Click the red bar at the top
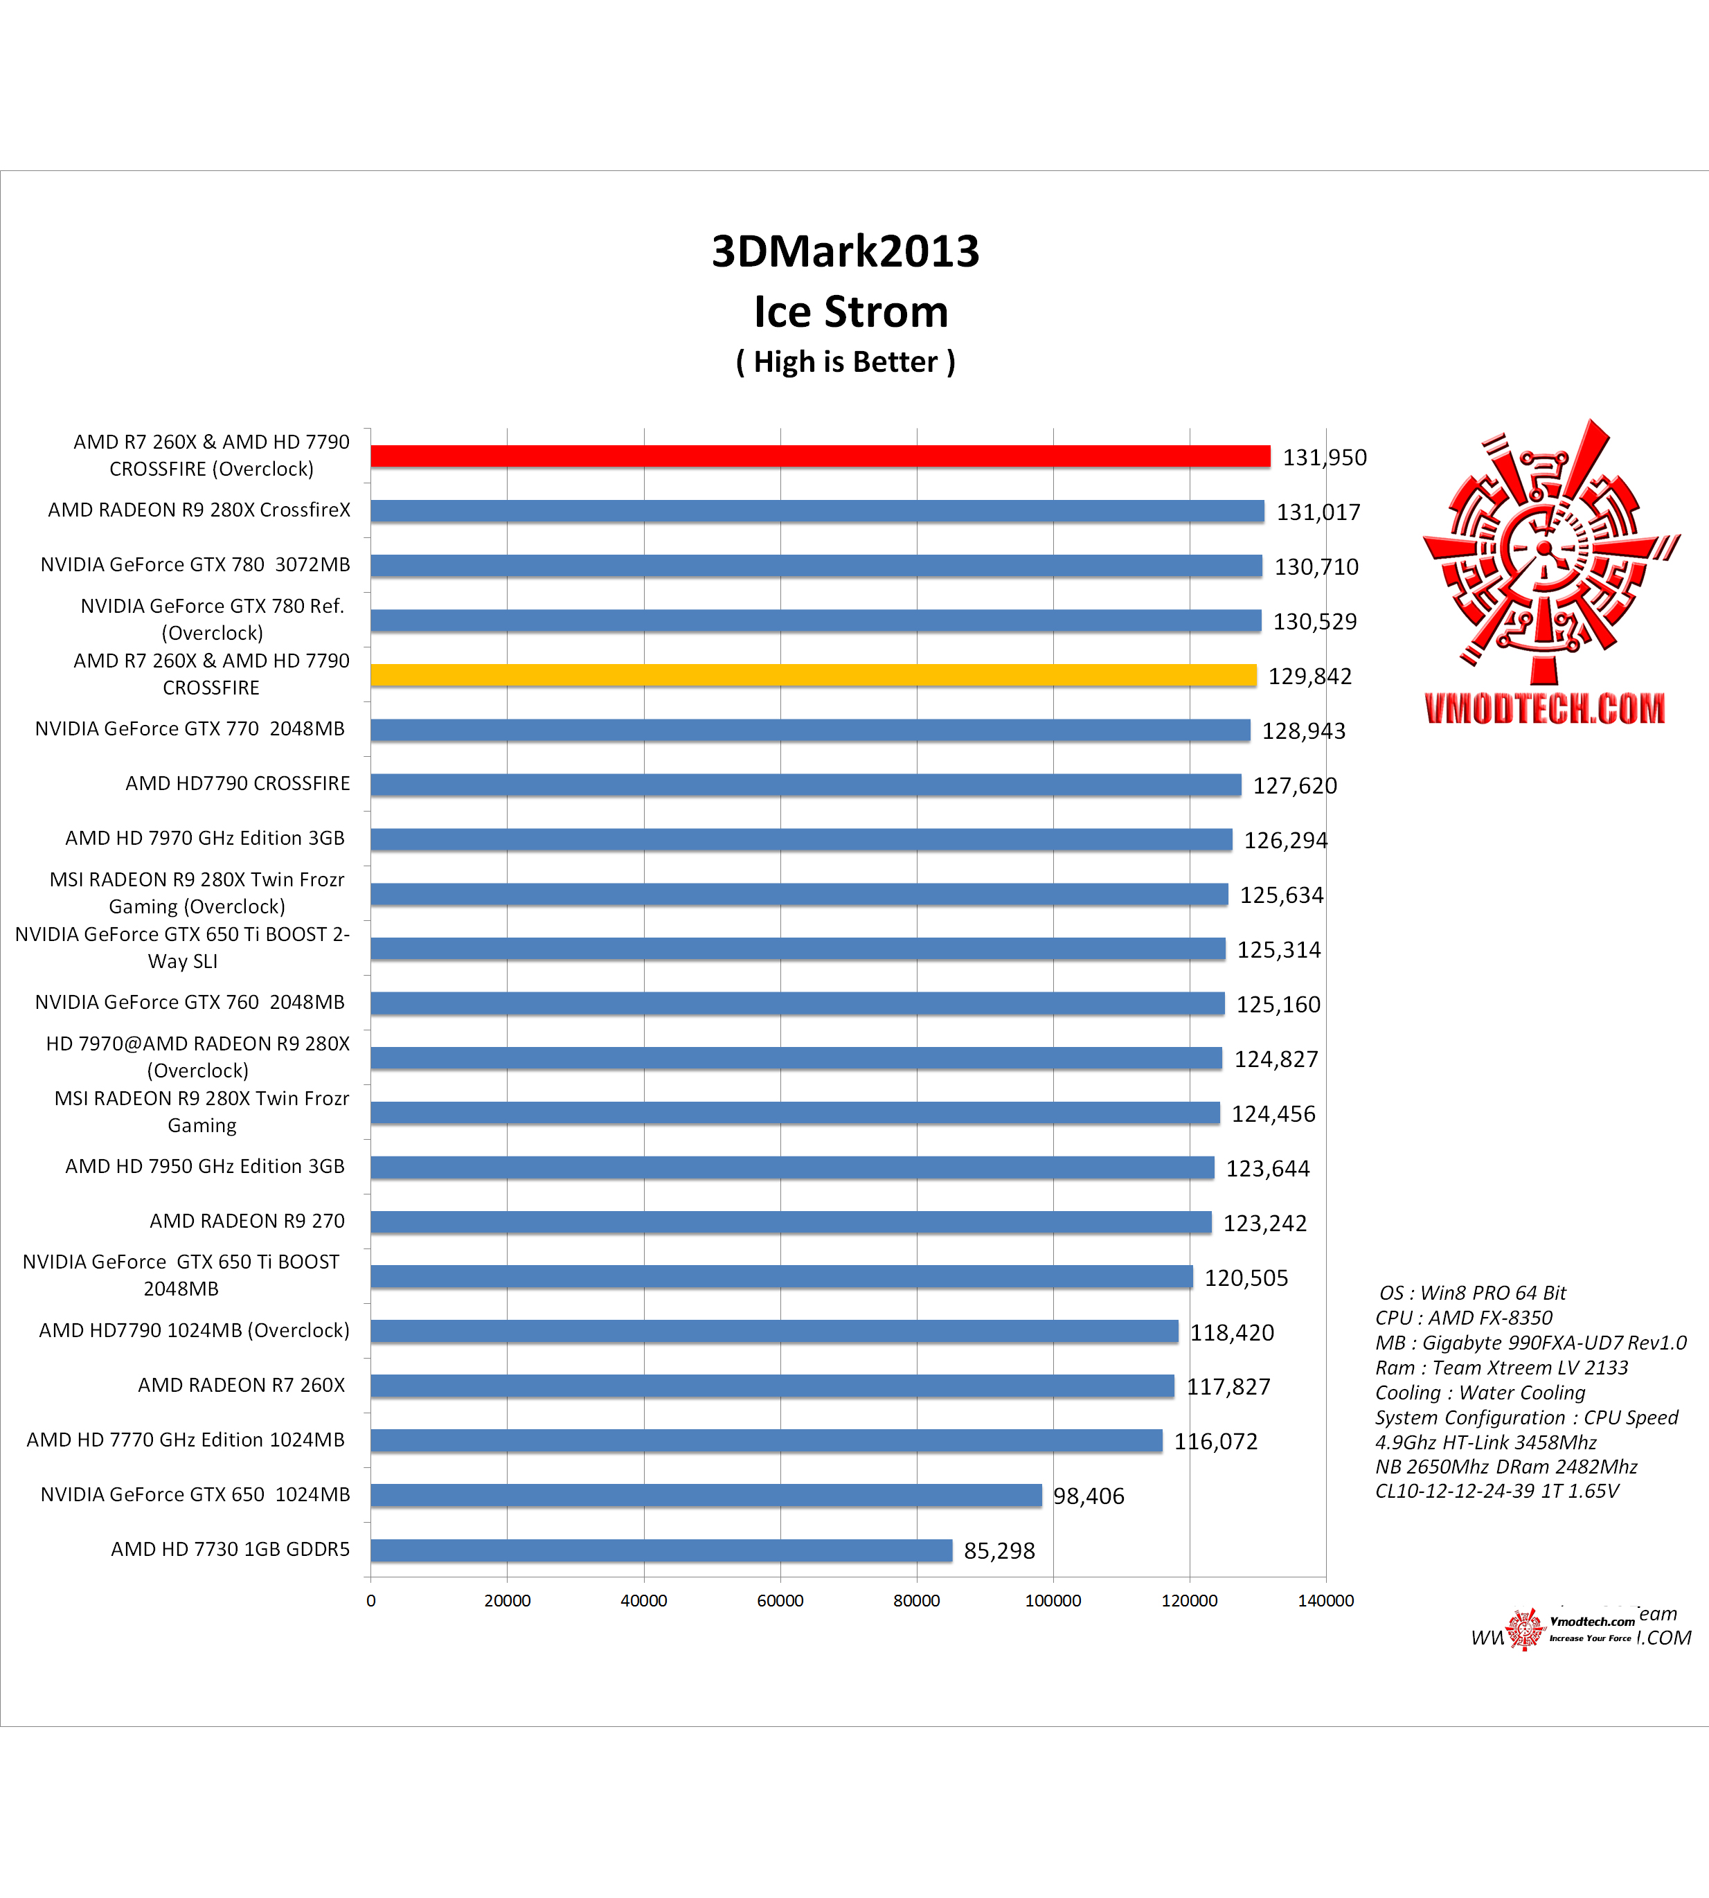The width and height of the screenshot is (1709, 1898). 820,456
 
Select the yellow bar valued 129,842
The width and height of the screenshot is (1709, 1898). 813,675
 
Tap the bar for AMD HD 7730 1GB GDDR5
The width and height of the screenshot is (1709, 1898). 661,1550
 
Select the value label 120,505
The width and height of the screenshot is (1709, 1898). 1246,1278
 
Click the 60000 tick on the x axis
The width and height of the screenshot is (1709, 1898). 780,1601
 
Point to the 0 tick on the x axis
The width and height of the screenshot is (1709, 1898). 371,1601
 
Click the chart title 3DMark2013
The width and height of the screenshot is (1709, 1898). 845,251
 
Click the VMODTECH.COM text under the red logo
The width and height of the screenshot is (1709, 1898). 1545,709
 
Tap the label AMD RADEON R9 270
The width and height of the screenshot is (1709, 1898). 247,1221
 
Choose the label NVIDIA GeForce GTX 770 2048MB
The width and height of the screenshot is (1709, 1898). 190,728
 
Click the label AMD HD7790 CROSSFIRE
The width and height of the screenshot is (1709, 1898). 238,783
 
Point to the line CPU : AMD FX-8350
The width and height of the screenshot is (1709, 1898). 1463,1318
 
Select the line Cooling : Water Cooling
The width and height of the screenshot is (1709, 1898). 1480,1393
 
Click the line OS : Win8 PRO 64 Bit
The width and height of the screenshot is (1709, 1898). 1471,1293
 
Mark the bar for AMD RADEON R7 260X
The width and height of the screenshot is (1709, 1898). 772,1386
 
